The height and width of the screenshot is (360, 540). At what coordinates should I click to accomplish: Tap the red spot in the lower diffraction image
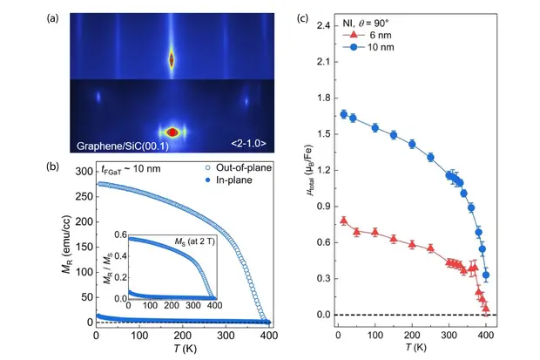172,132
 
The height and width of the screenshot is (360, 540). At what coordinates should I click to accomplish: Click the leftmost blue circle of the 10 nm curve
344,114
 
